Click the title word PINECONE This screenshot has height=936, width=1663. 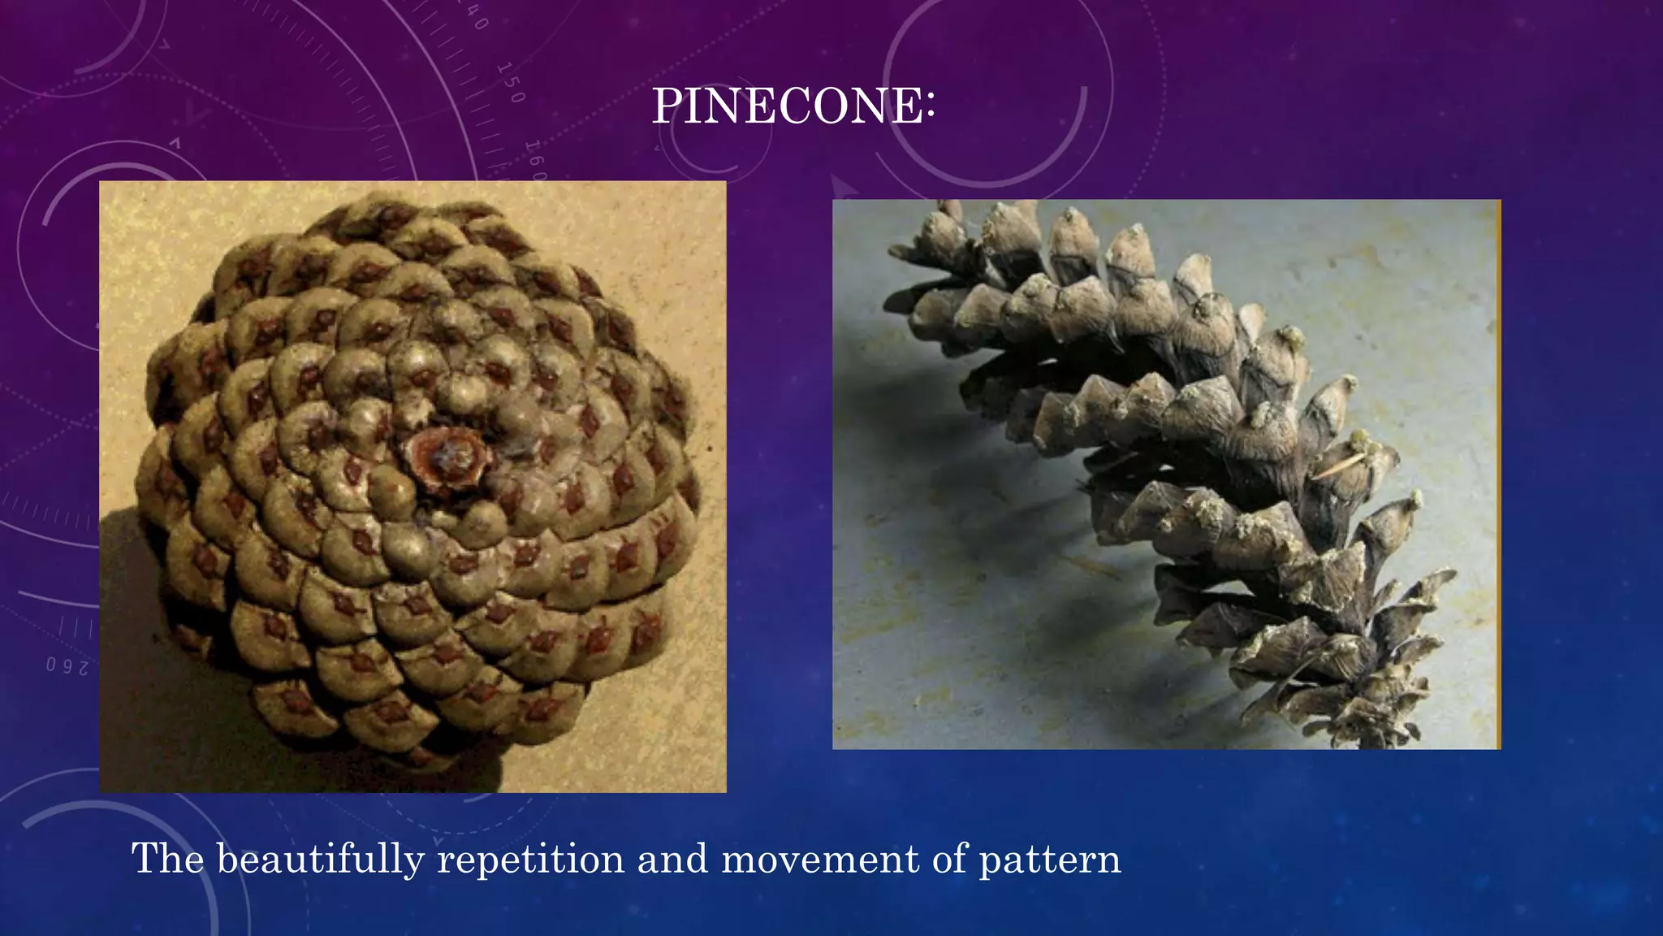coord(786,106)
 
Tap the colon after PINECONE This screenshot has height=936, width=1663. coord(930,107)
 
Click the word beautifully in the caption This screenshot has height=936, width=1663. coord(320,860)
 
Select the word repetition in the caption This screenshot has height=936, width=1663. coord(530,860)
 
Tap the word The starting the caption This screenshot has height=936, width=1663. coord(167,858)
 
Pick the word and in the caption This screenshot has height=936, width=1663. coord(672,859)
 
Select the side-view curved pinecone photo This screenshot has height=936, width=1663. coord(1166,474)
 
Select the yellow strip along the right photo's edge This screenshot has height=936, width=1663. coord(1497,474)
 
